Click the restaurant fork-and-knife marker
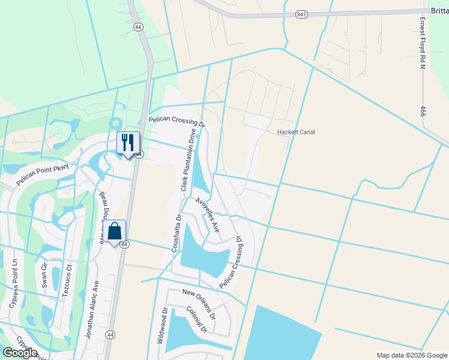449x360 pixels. [x=128, y=143]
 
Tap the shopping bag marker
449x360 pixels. [x=115, y=231]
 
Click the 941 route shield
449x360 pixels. [x=302, y=14]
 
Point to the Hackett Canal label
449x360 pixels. [x=295, y=132]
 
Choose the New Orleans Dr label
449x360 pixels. [x=199, y=300]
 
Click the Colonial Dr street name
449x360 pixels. [x=196, y=320]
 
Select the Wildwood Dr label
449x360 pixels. [x=161, y=326]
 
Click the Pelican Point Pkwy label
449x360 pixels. [x=43, y=174]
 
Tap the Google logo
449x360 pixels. [x=20, y=353]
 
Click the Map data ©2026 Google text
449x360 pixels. [x=411, y=355]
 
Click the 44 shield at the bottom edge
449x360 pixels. [x=110, y=334]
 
